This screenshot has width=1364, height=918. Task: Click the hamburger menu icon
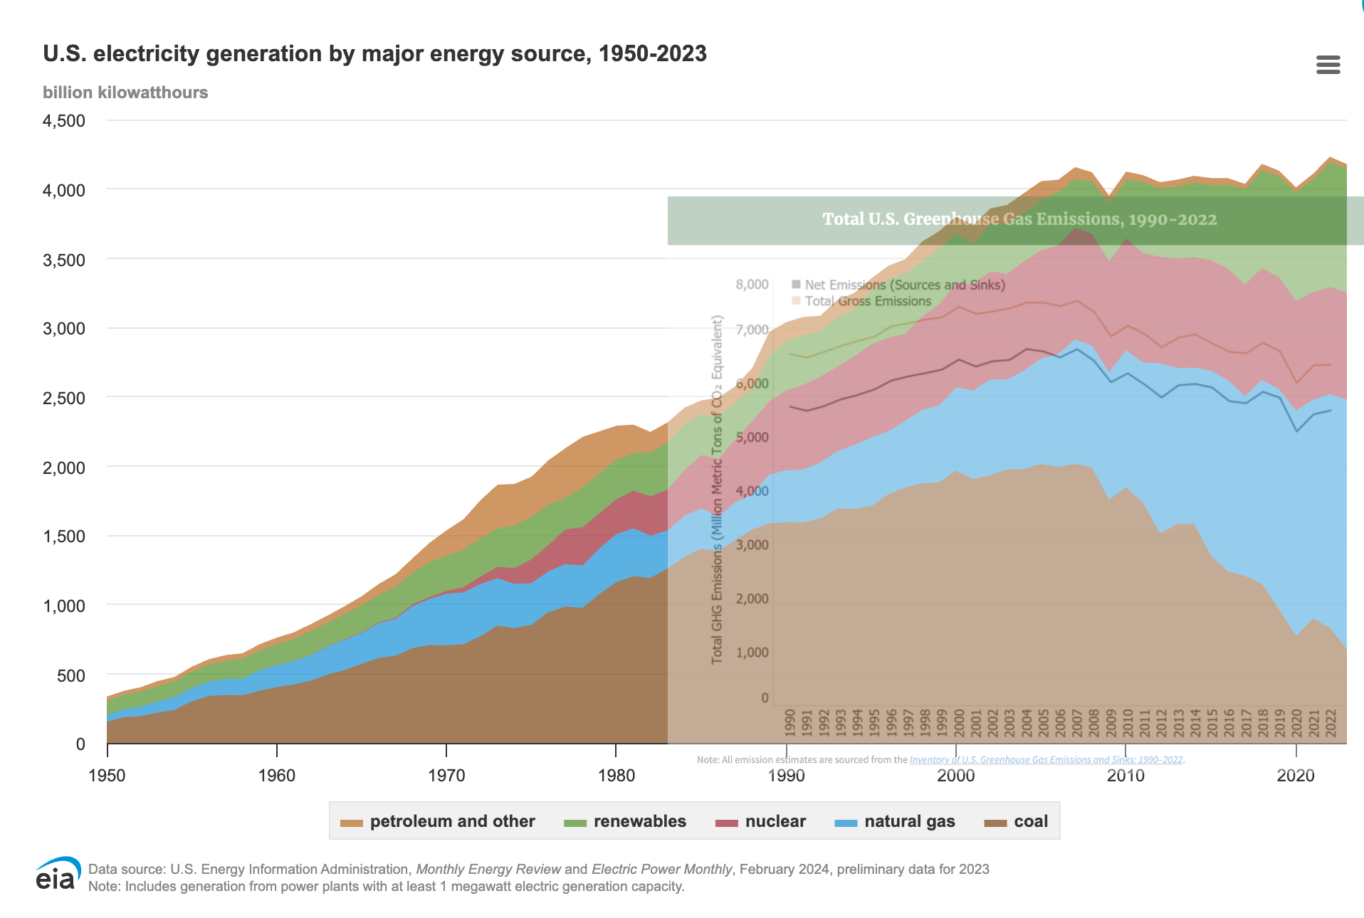[x=1328, y=65]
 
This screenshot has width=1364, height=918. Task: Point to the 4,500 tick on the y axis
[x=64, y=121]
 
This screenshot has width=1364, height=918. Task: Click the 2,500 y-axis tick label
[x=64, y=398]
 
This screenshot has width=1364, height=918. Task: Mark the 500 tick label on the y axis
[x=70, y=675]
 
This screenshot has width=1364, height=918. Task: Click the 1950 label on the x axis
[x=107, y=776]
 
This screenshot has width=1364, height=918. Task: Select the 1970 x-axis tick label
[x=446, y=776]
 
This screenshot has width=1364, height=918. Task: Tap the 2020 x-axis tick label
[x=1296, y=776]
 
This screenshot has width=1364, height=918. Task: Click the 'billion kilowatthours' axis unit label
[x=125, y=93]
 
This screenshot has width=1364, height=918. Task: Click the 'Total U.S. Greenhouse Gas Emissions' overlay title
[x=1019, y=219]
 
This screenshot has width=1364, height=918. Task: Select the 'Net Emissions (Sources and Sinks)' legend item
[x=904, y=285]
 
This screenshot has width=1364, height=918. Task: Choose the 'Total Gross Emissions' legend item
[x=867, y=301]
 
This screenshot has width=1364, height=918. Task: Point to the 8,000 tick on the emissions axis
[x=752, y=285]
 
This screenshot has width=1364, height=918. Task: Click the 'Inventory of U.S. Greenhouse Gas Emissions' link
[x=1046, y=760]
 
